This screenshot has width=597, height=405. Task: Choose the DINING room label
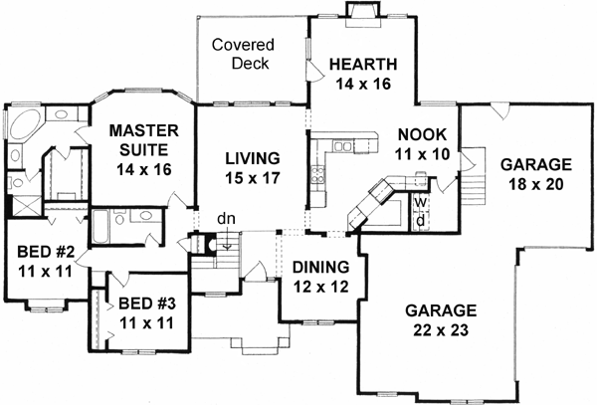pos(320,267)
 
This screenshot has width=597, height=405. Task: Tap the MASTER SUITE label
pos(143,140)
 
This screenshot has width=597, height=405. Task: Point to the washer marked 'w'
pos(422,202)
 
